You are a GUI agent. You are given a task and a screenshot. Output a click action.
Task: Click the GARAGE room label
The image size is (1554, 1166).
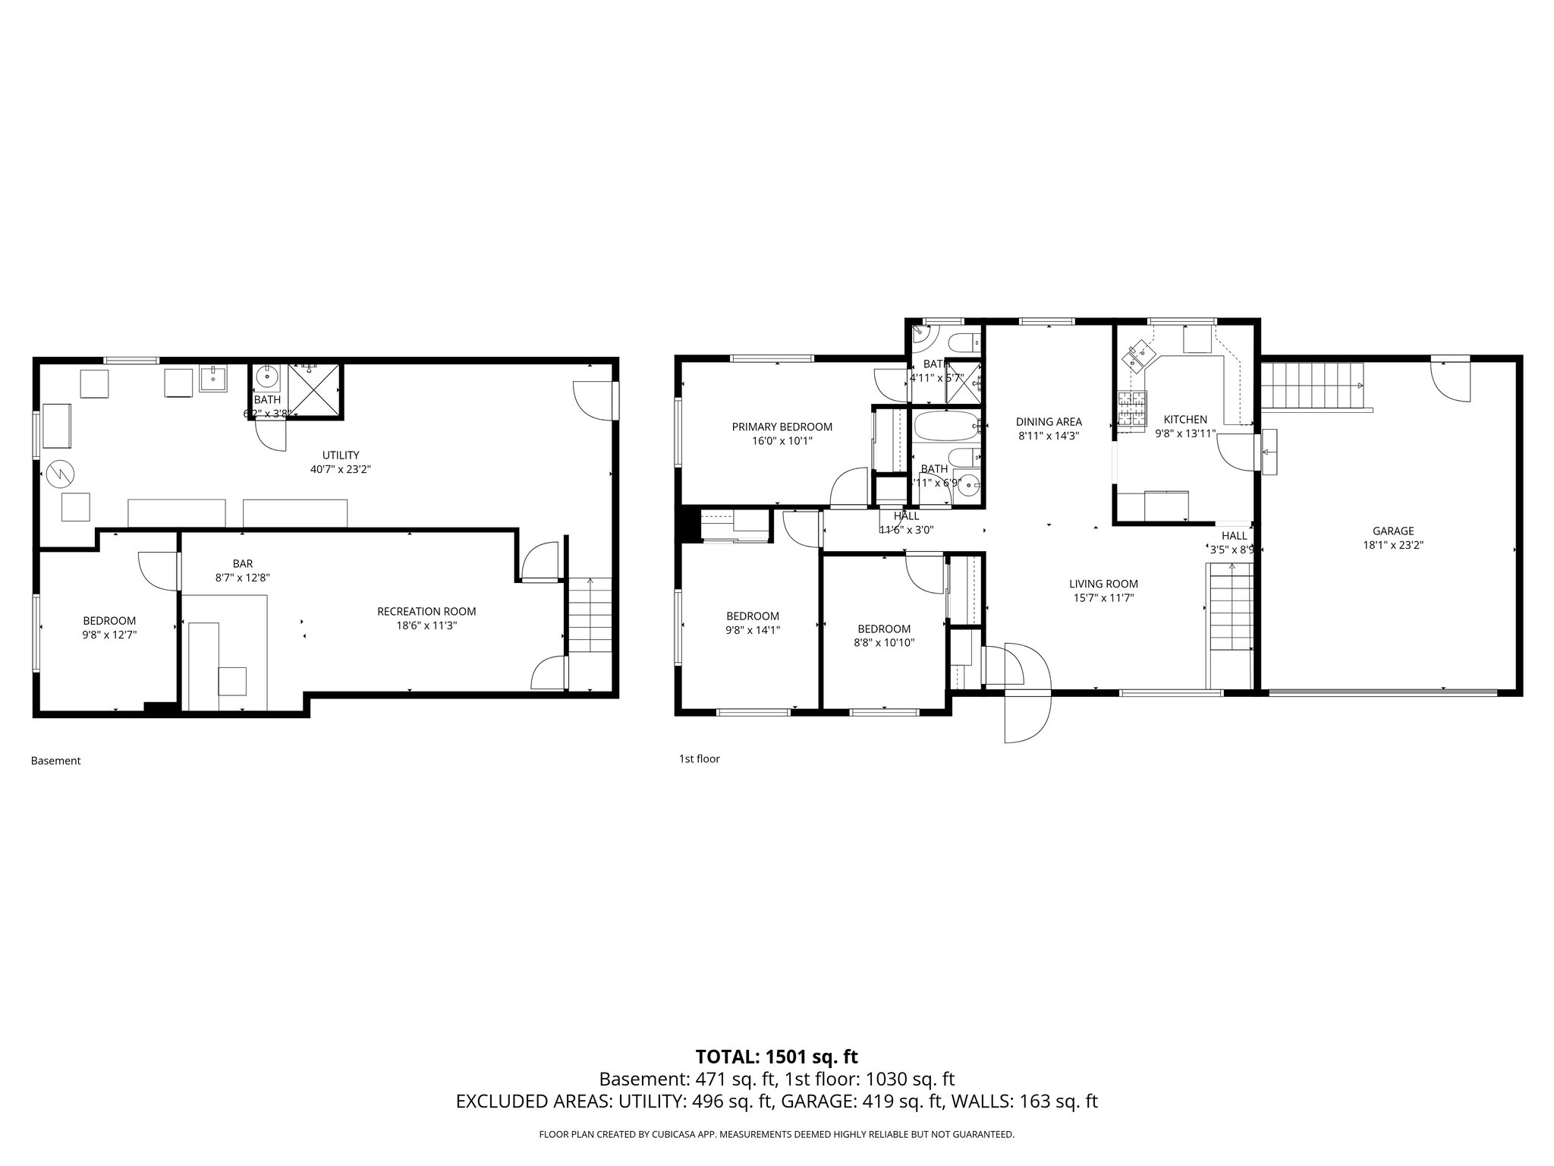click(1392, 531)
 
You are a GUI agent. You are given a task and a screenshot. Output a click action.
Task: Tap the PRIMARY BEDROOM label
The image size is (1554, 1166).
click(782, 427)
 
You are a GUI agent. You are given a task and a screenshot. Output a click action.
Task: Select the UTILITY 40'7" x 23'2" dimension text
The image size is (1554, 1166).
click(340, 469)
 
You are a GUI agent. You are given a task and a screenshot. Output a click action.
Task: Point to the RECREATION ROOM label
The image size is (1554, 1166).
click(426, 611)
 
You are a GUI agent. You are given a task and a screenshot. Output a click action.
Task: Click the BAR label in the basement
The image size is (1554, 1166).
click(243, 564)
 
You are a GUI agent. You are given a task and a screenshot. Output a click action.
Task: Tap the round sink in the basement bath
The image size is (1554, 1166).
click(268, 376)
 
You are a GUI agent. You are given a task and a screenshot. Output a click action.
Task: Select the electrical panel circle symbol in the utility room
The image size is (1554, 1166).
click(60, 474)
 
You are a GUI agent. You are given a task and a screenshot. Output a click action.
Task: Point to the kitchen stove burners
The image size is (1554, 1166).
click(1132, 410)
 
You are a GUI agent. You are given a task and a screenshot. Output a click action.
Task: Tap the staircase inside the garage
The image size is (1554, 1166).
click(1311, 386)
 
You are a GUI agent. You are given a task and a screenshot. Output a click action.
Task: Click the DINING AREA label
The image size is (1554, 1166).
click(1049, 422)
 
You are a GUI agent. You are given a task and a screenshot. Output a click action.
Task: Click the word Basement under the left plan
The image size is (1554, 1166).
click(55, 761)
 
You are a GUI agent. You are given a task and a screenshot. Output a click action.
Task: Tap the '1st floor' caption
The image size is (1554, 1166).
click(698, 758)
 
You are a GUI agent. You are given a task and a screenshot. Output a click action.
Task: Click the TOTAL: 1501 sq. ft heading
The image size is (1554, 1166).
click(776, 1057)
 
